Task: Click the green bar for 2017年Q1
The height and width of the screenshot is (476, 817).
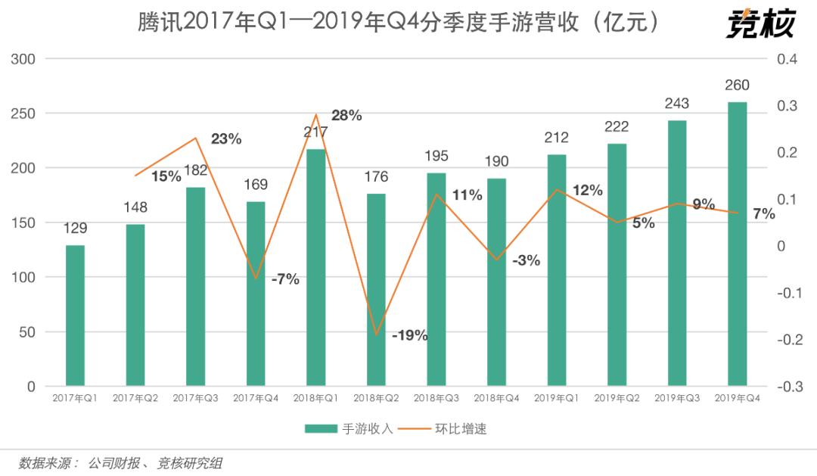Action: [75, 316]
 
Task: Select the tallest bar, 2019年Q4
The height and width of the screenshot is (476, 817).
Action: [737, 244]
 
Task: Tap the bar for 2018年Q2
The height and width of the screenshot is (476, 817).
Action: [376, 290]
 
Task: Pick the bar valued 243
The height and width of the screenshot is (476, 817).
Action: [677, 253]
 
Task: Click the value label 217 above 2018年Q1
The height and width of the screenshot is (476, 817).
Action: [315, 132]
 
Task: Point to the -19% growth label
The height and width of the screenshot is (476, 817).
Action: [410, 335]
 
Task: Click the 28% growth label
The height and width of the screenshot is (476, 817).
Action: [346, 116]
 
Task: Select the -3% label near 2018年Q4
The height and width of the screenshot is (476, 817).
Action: [526, 261]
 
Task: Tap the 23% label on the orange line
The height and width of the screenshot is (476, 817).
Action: [226, 138]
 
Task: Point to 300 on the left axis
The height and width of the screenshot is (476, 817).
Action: [25, 59]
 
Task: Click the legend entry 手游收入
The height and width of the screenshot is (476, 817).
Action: [349, 429]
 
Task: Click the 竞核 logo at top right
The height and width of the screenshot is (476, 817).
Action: [760, 24]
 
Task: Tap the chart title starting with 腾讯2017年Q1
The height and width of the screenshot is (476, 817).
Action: [398, 23]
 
